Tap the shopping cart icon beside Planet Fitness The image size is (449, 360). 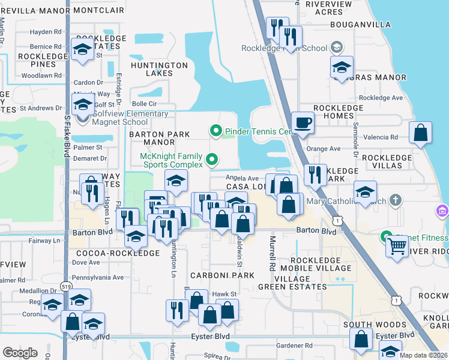[397, 245]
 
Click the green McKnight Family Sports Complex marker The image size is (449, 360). [211, 160]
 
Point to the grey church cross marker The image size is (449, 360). [395, 199]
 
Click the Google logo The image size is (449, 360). [20, 352]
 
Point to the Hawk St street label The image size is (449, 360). [226, 293]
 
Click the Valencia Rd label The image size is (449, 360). [385, 137]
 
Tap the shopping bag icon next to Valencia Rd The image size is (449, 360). [421, 134]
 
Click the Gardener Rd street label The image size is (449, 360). [295, 346]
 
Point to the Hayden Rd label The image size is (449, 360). [46, 32]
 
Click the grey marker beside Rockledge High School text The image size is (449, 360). [337, 47]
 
